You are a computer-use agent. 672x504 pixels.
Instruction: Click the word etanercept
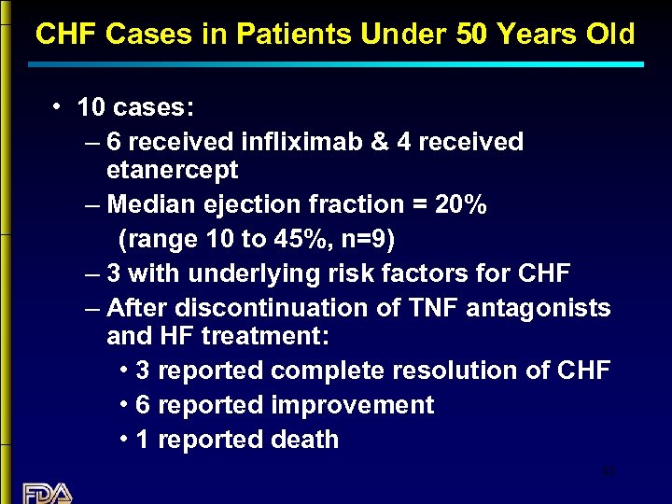click(173, 171)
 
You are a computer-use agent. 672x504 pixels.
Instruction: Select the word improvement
click(352, 405)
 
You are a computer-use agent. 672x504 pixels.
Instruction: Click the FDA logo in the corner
click(47, 492)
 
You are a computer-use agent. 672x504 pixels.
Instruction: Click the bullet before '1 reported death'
click(125, 440)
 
